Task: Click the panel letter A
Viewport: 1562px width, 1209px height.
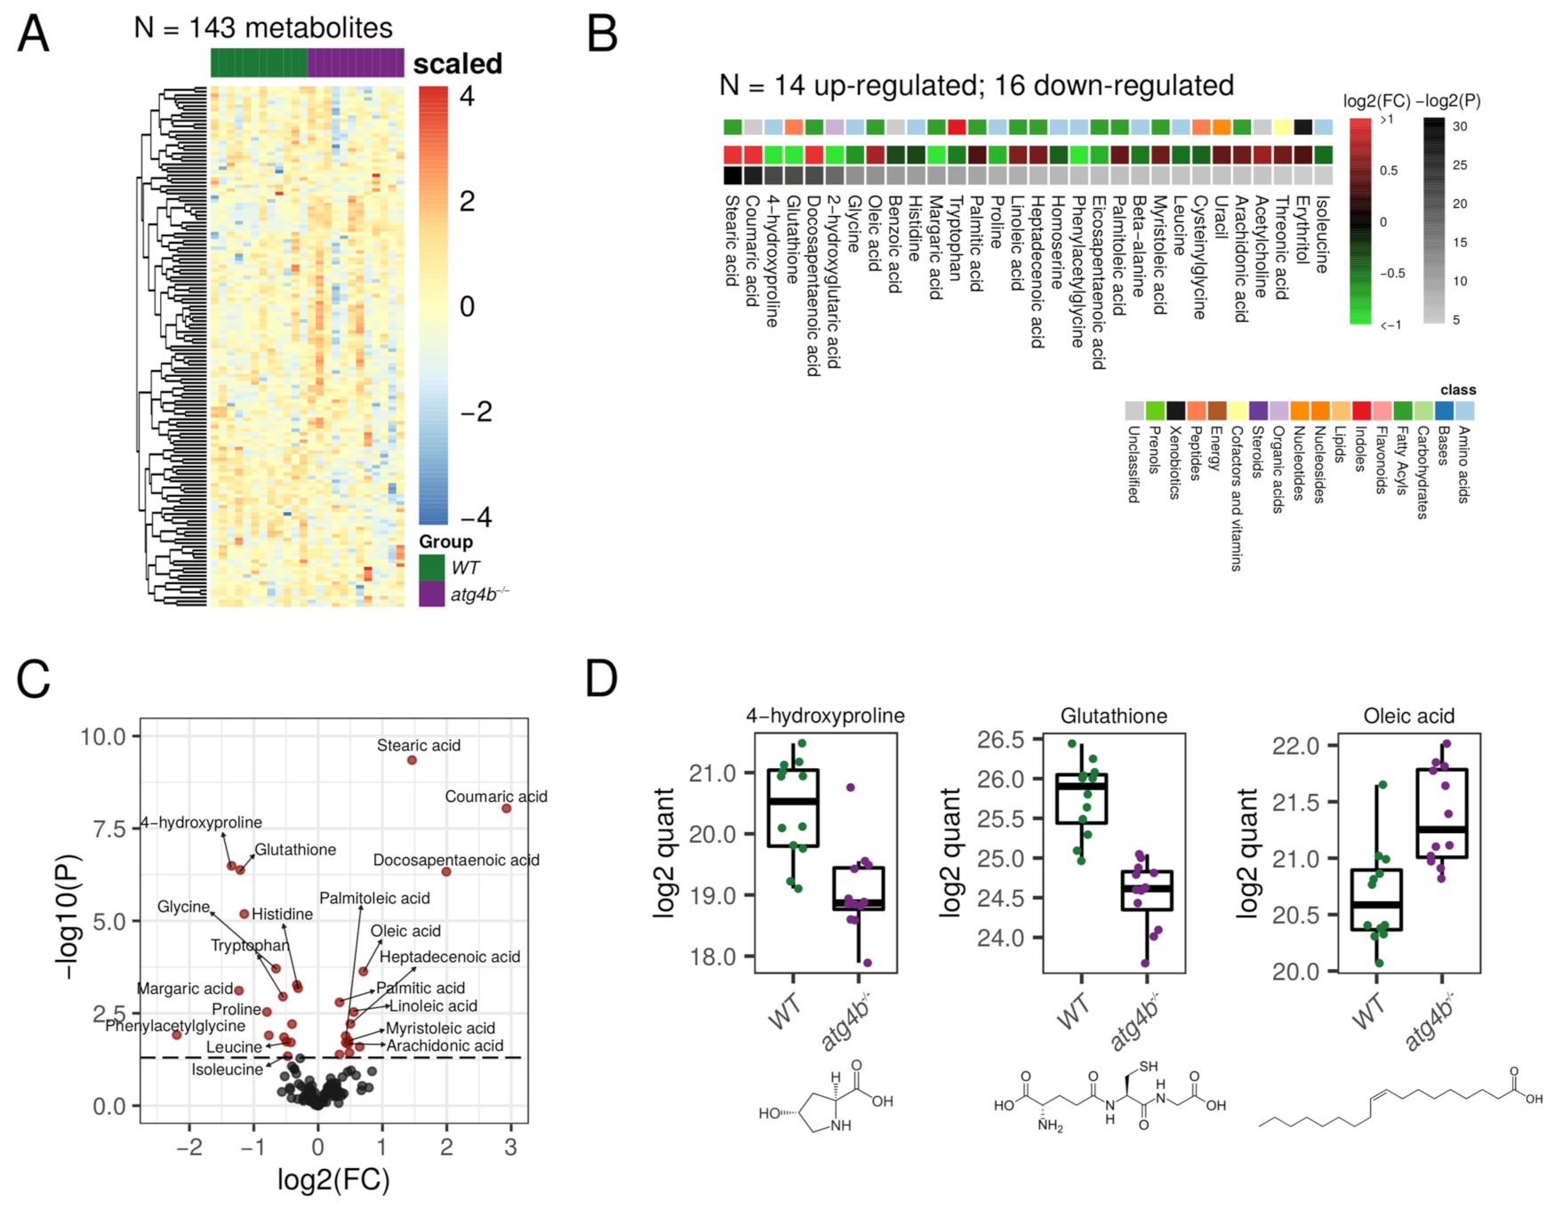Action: click(x=34, y=36)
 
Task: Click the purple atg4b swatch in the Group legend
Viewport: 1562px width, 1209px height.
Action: click(x=431, y=594)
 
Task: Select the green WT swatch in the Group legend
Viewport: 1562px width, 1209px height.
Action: click(x=431, y=567)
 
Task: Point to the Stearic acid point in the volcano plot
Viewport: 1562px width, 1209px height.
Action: click(x=412, y=760)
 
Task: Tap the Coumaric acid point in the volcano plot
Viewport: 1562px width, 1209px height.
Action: click(x=506, y=808)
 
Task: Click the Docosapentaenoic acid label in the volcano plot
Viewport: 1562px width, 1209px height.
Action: click(x=455, y=860)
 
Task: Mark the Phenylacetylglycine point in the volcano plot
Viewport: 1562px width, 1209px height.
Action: click(x=177, y=1035)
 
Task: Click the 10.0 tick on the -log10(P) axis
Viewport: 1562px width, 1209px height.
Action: click(x=104, y=736)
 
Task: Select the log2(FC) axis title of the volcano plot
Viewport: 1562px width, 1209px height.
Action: click(x=333, y=1180)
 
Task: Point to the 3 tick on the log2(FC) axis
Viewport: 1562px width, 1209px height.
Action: click(x=510, y=1148)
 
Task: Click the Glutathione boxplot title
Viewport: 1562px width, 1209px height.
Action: click(x=1113, y=716)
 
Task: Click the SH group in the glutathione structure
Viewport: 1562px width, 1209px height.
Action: click(x=1149, y=1067)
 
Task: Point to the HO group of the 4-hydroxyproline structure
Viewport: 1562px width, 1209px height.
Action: click(x=769, y=1113)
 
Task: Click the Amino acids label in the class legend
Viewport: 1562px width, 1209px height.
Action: click(x=1463, y=464)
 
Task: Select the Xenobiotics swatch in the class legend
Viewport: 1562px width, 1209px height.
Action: click(x=1175, y=410)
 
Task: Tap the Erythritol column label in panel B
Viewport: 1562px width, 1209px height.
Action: click(x=1302, y=229)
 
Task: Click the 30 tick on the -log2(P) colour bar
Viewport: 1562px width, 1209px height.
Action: click(x=1459, y=126)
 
